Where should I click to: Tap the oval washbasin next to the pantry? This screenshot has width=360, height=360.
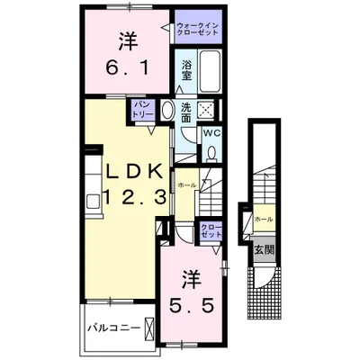point(166,110)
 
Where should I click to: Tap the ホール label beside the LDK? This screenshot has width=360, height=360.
point(187,184)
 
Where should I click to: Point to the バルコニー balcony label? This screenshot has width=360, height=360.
point(113,327)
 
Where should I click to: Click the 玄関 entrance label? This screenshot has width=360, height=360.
point(263,247)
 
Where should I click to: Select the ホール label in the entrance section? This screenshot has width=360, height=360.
point(264,219)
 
